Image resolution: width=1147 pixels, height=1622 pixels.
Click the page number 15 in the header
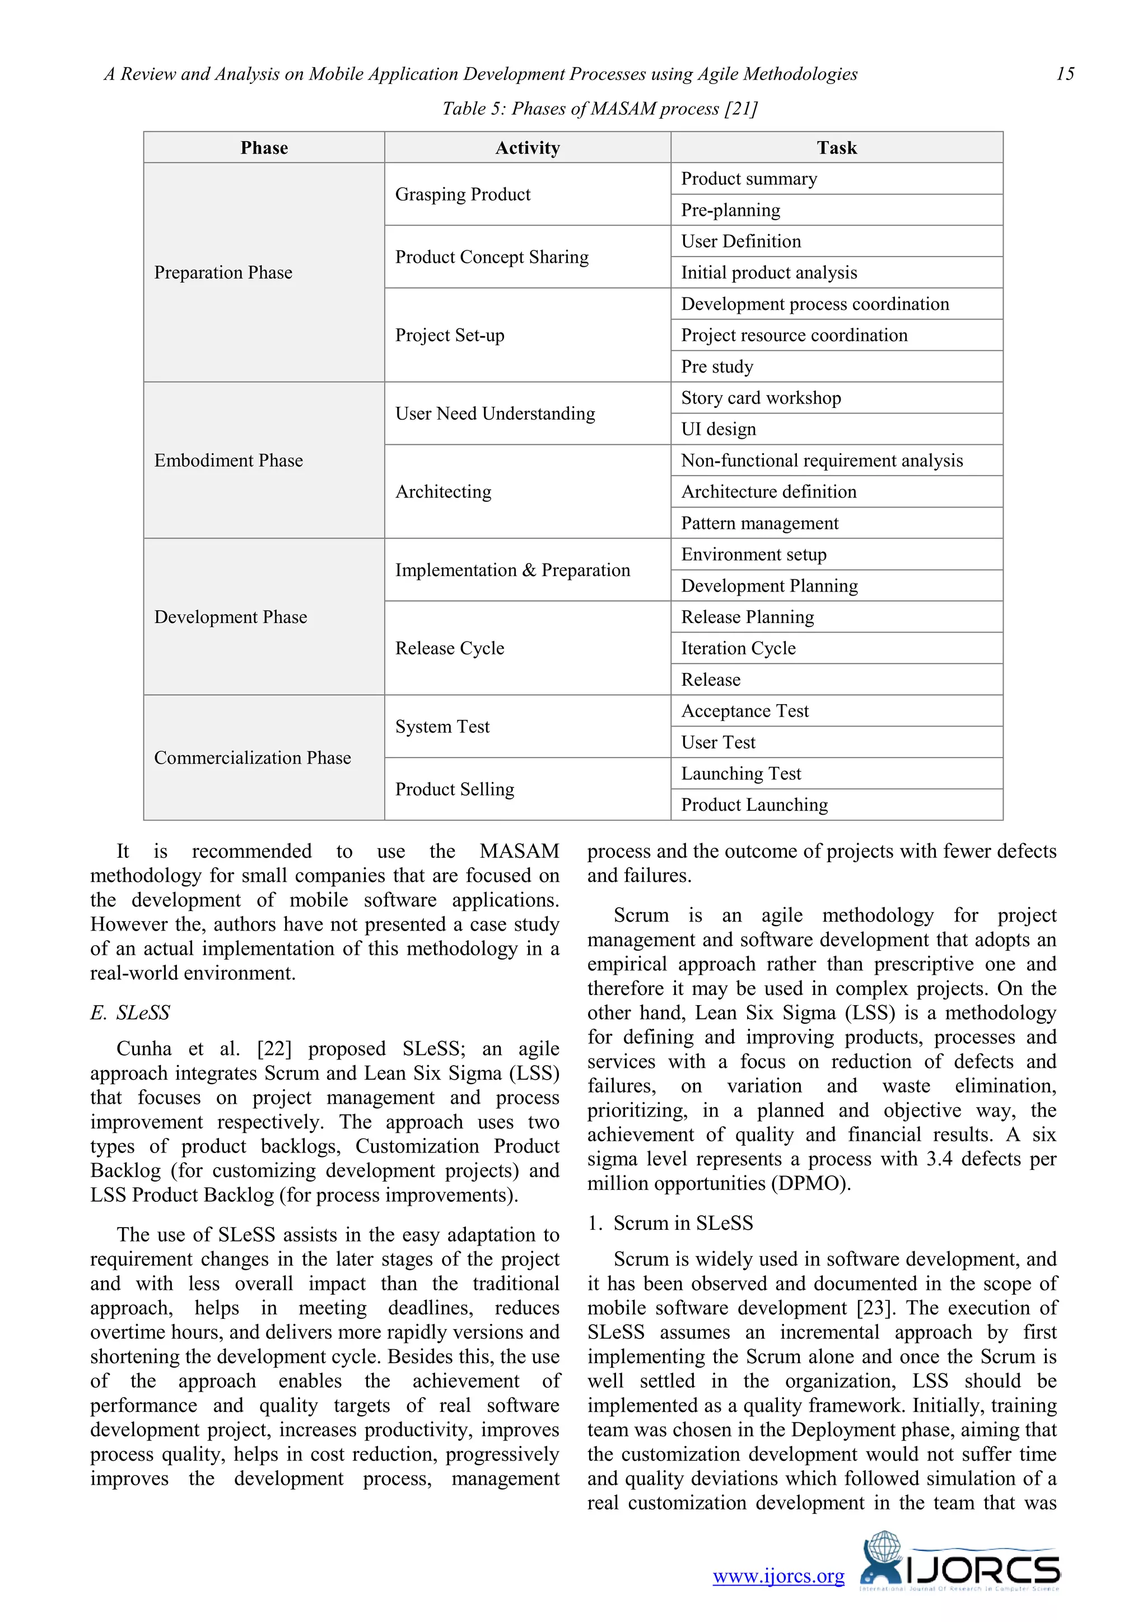(1064, 74)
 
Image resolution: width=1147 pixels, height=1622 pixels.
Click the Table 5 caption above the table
(599, 109)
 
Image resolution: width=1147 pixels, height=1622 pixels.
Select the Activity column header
(527, 148)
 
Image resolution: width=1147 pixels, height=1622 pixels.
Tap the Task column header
(836, 148)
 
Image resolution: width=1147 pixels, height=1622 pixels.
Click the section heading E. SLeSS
(130, 1013)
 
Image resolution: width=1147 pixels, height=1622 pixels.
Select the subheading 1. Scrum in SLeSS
(670, 1223)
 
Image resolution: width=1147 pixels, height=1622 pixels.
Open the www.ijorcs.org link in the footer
(778, 1576)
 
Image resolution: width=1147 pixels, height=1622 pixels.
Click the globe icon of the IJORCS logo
(884, 1546)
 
